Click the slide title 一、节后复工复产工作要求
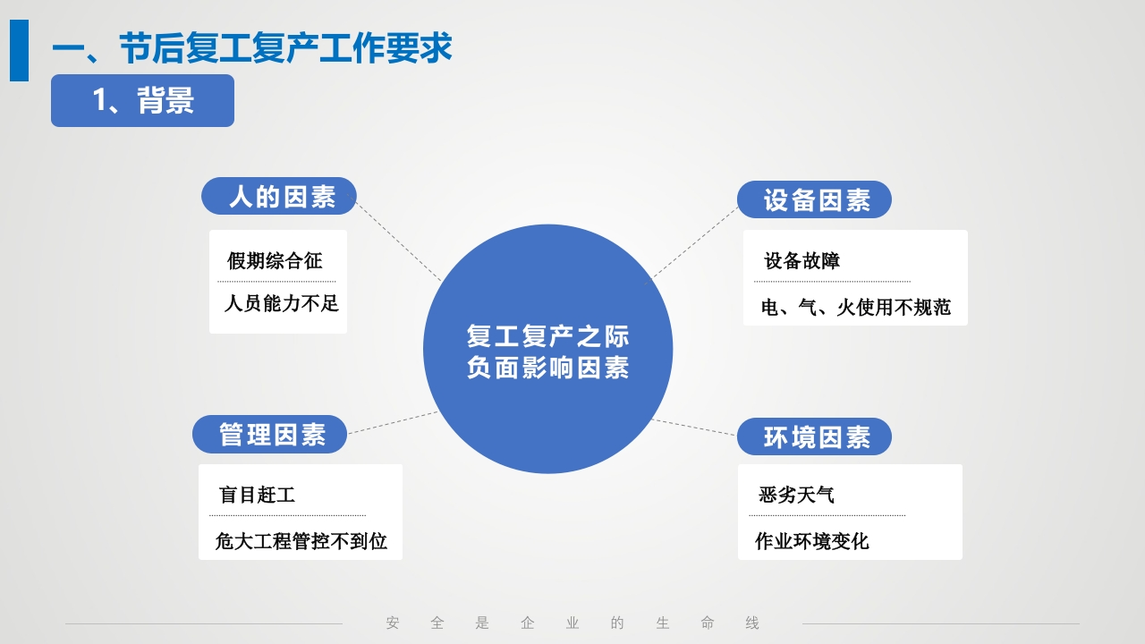(251, 48)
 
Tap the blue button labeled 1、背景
(142, 100)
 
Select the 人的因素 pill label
(279, 197)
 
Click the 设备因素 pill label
(814, 200)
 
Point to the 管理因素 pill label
(270, 435)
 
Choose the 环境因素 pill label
(814, 437)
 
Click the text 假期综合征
(275, 261)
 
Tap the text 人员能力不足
(281, 303)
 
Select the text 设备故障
(801, 261)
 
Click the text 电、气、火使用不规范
(855, 308)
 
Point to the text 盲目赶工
(257, 495)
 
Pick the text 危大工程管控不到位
(301, 541)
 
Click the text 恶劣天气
(796, 495)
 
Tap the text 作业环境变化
(811, 541)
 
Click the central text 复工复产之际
(547, 336)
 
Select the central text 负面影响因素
(547, 368)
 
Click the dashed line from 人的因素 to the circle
(398, 240)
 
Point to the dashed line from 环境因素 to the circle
(695, 428)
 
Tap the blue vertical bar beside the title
(19, 50)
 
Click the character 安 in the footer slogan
(393, 623)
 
